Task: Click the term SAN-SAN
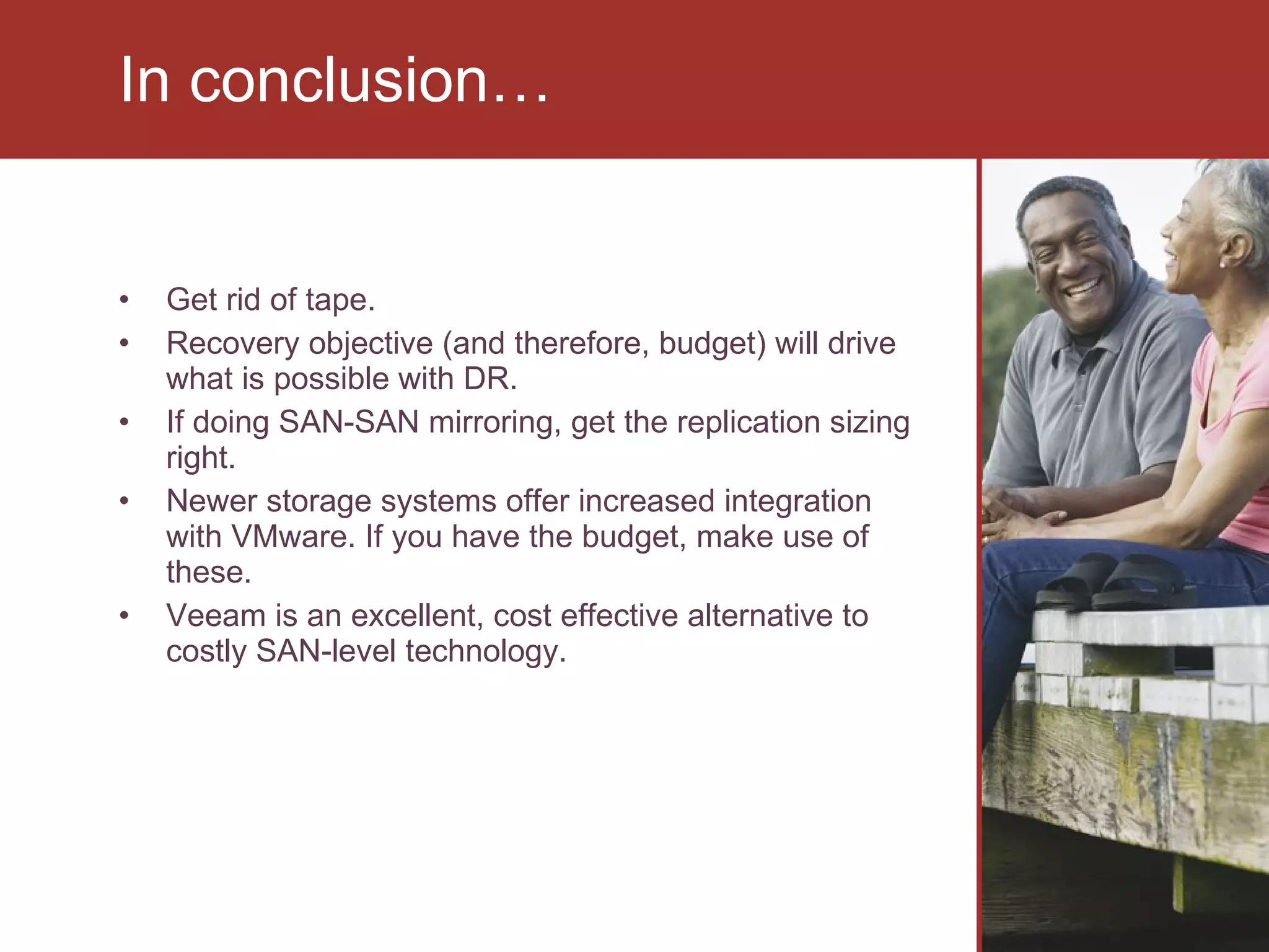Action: (x=349, y=423)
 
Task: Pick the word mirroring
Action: (x=494, y=423)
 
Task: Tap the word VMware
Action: (x=292, y=537)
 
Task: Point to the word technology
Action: (x=486, y=652)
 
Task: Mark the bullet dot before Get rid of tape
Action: (x=125, y=301)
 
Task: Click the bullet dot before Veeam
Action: (x=125, y=616)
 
